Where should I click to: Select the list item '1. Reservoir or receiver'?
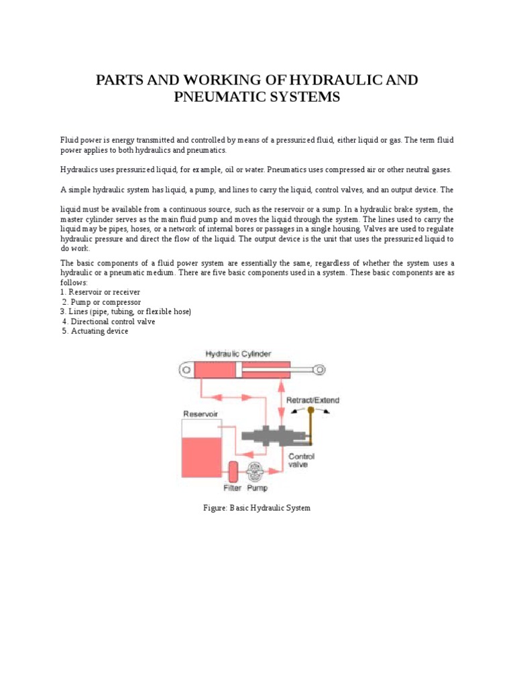tap(101, 293)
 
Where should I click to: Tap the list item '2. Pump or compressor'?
tap(102, 302)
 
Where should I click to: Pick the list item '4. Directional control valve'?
tap(109, 322)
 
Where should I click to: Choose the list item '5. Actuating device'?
tap(95, 331)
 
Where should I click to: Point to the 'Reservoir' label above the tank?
tap(200, 414)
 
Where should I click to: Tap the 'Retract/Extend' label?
tap(312, 400)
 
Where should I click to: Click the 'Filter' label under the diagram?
tap(232, 488)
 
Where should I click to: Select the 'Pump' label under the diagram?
tap(257, 488)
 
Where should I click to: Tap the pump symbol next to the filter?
tap(255, 471)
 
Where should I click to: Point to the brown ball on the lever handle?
tap(310, 409)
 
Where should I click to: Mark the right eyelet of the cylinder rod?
tap(321, 369)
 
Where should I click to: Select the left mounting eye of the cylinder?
tap(184, 369)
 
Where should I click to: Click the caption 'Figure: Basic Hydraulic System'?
tap(257, 508)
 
